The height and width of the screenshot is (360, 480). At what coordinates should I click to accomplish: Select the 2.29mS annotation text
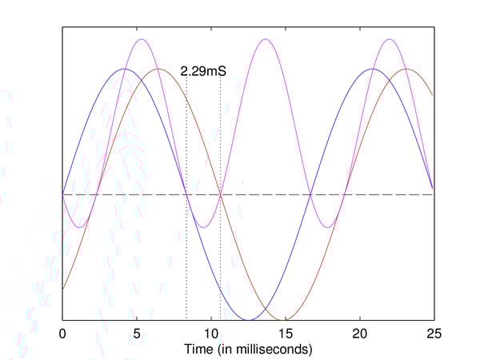[203, 71]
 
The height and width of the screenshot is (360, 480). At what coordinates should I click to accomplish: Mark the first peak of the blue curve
[125, 69]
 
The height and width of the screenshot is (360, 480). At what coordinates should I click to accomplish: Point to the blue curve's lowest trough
[248, 319]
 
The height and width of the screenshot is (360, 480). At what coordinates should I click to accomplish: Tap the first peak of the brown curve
[159, 69]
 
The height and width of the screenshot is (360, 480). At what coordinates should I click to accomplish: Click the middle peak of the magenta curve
[265, 38]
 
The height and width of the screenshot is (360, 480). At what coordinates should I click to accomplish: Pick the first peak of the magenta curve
[142, 38]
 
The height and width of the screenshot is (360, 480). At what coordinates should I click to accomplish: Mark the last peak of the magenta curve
[389, 38]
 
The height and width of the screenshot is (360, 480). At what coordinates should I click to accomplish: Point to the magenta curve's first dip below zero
[79, 227]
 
